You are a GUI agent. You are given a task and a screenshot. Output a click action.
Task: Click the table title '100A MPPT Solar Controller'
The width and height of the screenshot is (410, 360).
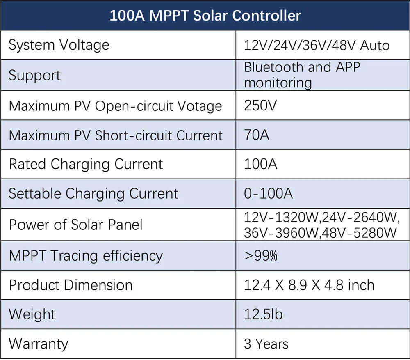pyautogui.click(x=205, y=16)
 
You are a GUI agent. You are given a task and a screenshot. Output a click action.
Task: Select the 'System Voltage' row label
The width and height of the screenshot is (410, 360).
pyautogui.click(x=59, y=45)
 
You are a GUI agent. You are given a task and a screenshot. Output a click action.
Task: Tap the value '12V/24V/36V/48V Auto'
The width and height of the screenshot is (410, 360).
pyautogui.click(x=317, y=45)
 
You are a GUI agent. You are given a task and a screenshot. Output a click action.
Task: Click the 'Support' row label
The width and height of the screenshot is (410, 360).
pyautogui.click(x=34, y=75)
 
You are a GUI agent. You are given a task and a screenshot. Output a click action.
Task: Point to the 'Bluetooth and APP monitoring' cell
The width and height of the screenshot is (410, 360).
pyautogui.click(x=302, y=75)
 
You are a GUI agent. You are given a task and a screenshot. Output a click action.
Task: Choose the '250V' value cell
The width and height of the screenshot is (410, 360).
pyautogui.click(x=260, y=105)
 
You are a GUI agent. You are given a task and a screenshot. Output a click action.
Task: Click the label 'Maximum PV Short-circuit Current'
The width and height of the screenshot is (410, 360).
pyautogui.click(x=116, y=135)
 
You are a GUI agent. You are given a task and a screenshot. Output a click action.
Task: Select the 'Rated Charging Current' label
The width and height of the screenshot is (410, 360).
pyautogui.click(x=86, y=164)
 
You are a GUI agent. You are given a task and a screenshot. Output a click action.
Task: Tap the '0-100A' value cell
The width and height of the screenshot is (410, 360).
pyautogui.click(x=268, y=193)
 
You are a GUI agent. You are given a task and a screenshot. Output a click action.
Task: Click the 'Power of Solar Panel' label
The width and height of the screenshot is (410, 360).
pyautogui.click(x=76, y=225)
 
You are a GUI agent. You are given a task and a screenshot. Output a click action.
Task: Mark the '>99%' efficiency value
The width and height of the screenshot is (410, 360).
pyautogui.click(x=261, y=255)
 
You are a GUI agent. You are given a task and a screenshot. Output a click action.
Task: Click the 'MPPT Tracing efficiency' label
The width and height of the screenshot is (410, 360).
pyautogui.click(x=86, y=255)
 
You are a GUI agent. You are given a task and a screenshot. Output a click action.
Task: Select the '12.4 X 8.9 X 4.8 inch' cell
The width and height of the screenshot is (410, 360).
pyautogui.click(x=309, y=285)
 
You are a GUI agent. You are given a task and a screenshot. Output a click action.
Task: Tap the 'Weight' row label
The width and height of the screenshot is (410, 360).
pyautogui.click(x=32, y=314)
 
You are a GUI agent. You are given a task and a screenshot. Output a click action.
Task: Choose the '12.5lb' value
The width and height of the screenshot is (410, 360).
pyautogui.click(x=263, y=314)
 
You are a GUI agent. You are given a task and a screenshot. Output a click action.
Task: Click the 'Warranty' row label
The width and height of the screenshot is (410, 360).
pyautogui.click(x=39, y=344)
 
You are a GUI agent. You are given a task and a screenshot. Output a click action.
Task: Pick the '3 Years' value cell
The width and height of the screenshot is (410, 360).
pyautogui.click(x=266, y=344)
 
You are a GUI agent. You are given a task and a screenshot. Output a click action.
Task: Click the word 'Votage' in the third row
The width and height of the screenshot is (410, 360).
pyautogui.click(x=200, y=106)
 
